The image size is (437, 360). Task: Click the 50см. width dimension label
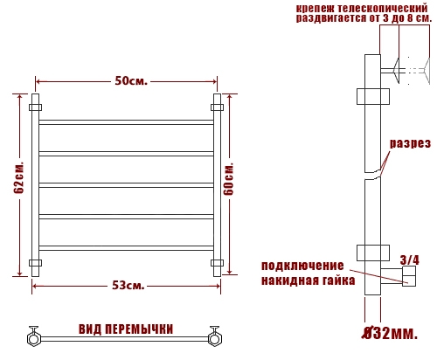(x=131, y=81)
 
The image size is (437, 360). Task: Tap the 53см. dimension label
(x=128, y=286)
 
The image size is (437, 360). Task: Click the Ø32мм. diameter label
(x=390, y=333)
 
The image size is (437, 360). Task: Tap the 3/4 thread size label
(x=410, y=260)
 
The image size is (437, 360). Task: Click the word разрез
(x=410, y=143)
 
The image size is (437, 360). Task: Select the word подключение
(x=302, y=266)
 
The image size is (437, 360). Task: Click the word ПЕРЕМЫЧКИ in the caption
(x=139, y=329)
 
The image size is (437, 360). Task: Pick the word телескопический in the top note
(x=383, y=8)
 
